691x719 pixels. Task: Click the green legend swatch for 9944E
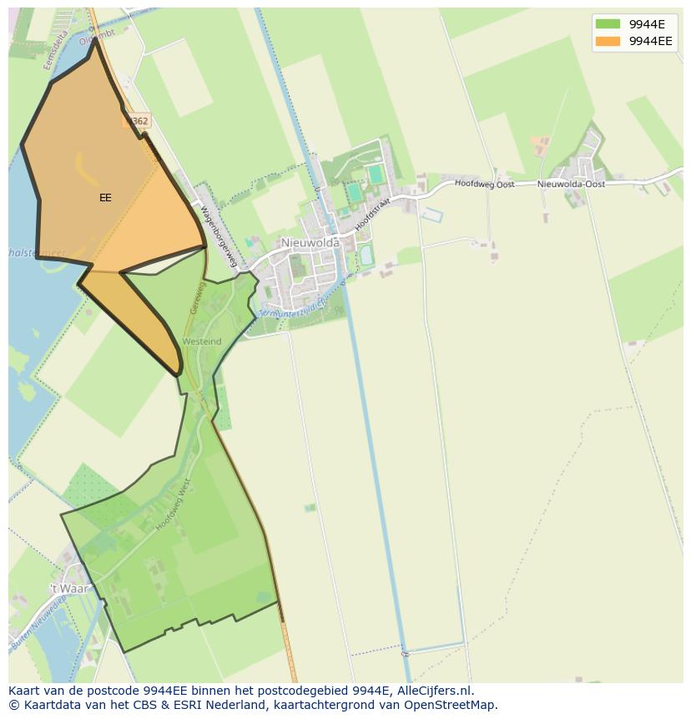(x=608, y=24)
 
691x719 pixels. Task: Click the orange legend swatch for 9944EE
(x=608, y=41)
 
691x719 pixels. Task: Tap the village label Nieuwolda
(x=310, y=242)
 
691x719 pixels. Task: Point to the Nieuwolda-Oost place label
(x=571, y=184)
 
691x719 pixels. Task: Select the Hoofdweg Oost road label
(x=484, y=184)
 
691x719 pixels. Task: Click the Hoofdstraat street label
(x=371, y=214)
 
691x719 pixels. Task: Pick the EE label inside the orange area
(x=105, y=198)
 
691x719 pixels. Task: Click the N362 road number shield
(x=138, y=121)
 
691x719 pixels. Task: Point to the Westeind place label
(x=201, y=342)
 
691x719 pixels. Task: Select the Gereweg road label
(x=198, y=298)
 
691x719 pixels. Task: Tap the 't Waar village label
(x=68, y=589)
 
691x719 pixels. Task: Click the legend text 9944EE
(x=650, y=41)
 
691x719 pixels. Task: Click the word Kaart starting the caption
(x=25, y=691)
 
